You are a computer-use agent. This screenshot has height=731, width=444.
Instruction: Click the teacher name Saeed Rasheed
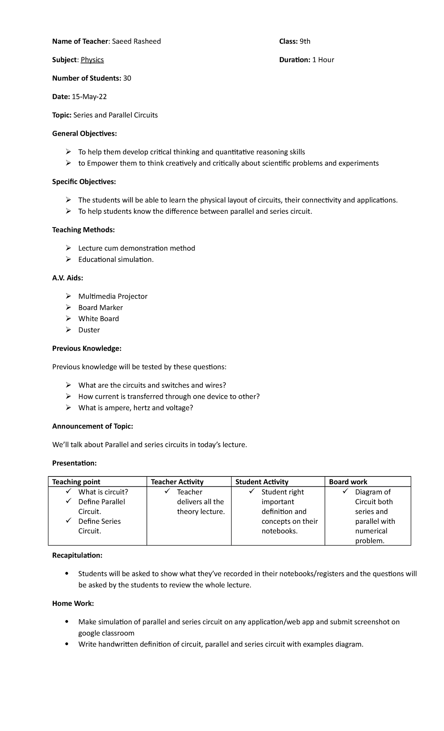click(x=136, y=41)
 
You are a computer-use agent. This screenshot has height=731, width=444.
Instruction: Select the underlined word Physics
click(x=92, y=60)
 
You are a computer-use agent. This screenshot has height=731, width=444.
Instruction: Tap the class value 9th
click(x=305, y=41)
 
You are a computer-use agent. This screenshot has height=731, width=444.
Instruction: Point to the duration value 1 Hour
click(x=323, y=60)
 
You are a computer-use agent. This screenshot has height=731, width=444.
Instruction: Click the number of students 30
click(x=127, y=78)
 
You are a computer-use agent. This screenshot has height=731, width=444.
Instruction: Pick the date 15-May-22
click(x=89, y=97)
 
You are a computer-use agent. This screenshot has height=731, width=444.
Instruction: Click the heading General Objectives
click(x=84, y=134)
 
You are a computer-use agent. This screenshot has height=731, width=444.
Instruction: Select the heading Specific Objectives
click(x=84, y=182)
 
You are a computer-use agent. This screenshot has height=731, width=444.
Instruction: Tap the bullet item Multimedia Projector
click(x=113, y=296)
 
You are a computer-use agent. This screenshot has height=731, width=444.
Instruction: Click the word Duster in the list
click(x=89, y=330)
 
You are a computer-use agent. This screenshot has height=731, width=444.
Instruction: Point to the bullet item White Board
click(x=98, y=319)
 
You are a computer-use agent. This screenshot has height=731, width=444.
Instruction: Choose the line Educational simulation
click(x=116, y=260)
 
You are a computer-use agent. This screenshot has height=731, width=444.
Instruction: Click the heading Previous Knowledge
click(x=87, y=348)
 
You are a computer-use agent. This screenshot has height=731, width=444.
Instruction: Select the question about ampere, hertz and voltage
click(x=135, y=408)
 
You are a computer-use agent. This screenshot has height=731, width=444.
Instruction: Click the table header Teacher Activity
click(x=177, y=482)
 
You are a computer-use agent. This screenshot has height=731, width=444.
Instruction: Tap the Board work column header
click(x=348, y=482)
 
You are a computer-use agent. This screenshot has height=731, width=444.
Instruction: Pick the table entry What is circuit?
click(x=103, y=492)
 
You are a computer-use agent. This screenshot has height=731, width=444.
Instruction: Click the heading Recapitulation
click(x=77, y=555)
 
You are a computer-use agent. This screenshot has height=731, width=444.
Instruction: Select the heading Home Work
click(x=73, y=603)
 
